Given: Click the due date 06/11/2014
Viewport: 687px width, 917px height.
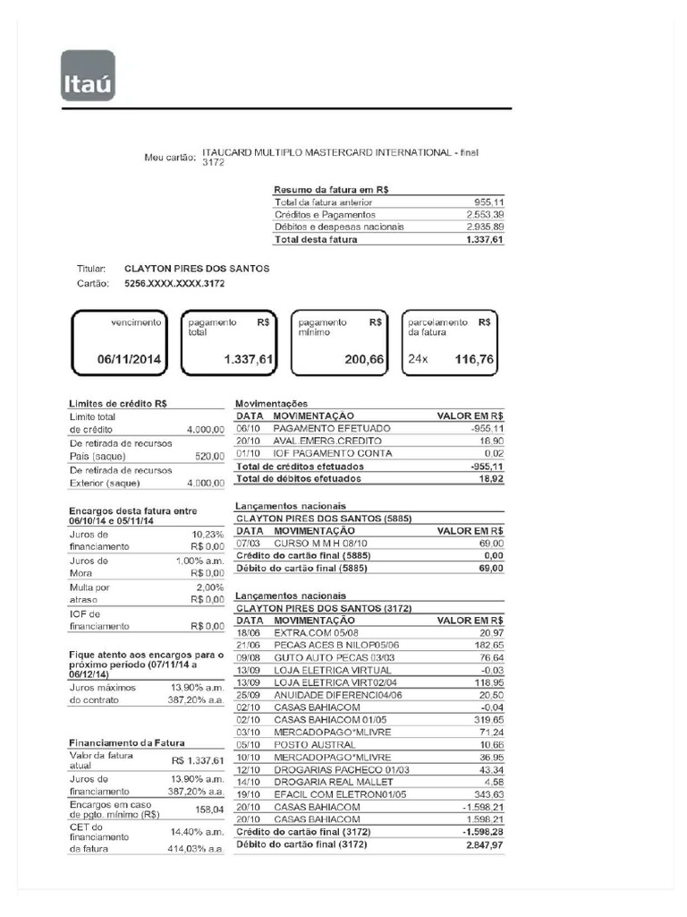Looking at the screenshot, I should click(129, 359).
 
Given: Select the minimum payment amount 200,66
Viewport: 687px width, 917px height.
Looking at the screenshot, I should click(364, 359).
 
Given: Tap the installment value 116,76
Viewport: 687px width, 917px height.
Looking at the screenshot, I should click(475, 359).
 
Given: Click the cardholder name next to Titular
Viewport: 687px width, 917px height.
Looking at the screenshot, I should click(197, 269).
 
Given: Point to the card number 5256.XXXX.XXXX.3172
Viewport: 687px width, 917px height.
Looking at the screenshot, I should click(174, 284).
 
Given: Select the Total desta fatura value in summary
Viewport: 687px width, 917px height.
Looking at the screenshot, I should click(485, 239).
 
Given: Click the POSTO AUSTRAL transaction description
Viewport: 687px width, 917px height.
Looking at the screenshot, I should click(308, 744).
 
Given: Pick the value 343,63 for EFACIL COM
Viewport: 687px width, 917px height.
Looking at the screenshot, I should click(487, 794).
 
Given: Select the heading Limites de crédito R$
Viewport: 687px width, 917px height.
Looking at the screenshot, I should click(118, 404).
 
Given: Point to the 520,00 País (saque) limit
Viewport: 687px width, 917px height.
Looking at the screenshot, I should click(209, 457).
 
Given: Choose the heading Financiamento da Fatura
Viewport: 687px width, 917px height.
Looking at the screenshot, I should click(131, 743).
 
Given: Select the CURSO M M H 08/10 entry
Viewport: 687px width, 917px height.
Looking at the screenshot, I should click(320, 544).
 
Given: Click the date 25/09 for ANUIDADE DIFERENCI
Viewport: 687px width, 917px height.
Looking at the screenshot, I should click(248, 695).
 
